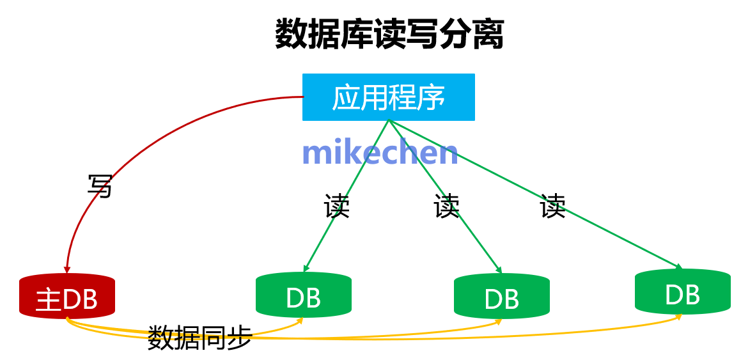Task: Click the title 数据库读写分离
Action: click(389, 35)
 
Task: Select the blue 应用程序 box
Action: click(388, 97)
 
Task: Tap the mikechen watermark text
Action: click(380, 152)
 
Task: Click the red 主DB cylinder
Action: click(67, 297)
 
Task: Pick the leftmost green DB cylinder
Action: click(303, 296)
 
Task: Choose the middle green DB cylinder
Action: click(501, 297)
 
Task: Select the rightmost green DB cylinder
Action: click(682, 293)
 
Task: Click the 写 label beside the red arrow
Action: click(100, 186)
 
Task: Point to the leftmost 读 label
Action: click(336, 206)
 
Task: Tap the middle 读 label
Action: click(446, 205)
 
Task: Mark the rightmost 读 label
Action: click(552, 205)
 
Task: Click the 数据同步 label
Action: click(199, 337)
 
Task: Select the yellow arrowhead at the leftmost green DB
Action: click(299, 321)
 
